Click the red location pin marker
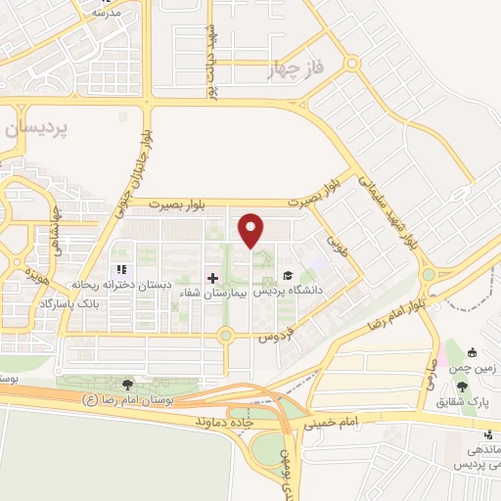point(251,231)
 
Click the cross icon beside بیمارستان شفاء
point(213,278)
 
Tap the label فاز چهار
point(293,70)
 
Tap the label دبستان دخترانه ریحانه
point(121,285)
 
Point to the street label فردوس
point(277,336)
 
